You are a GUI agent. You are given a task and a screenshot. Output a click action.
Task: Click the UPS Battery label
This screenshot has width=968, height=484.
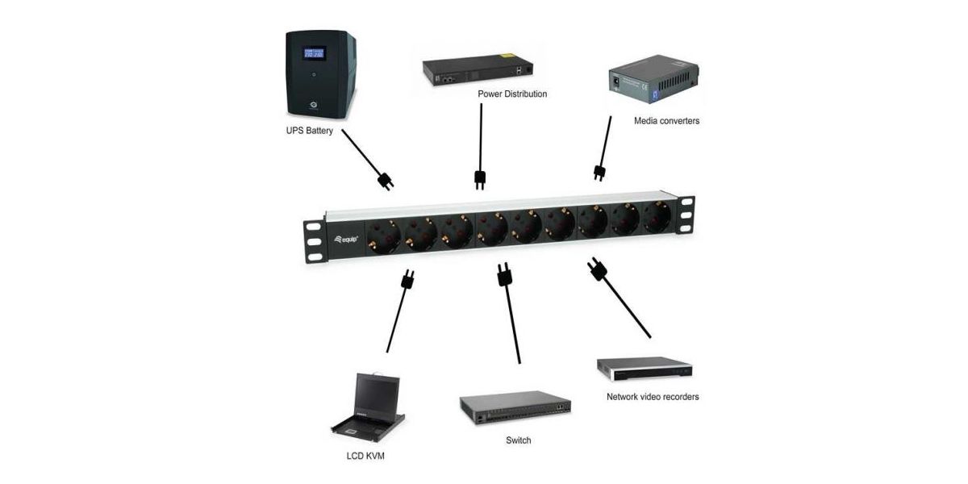pyautogui.click(x=309, y=131)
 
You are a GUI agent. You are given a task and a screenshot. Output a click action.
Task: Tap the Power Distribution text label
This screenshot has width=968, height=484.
pyautogui.click(x=512, y=94)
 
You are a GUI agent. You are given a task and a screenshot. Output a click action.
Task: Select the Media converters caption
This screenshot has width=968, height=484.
pyautogui.click(x=665, y=121)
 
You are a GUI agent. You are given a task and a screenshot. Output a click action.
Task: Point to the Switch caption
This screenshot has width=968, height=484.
pyautogui.click(x=518, y=440)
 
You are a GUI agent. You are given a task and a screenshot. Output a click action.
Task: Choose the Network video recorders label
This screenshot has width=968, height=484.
pyautogui.click(x=653, y=397)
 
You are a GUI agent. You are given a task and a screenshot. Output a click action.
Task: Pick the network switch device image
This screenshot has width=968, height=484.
pyautogui.click(x=515, y=410)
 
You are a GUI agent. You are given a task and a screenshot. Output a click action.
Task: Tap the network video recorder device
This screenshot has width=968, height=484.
pyautogui.click(x=645, y=369)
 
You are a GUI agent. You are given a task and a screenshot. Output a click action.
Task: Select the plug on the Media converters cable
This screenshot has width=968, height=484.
pyautogui.click(x=599, y=173)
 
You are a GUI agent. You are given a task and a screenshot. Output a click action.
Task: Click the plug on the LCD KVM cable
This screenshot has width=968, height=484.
pyautogui.click(x=407, y=281)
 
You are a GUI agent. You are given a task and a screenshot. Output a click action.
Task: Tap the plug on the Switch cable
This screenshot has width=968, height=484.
pyautogui.click(x=505, y=276)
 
